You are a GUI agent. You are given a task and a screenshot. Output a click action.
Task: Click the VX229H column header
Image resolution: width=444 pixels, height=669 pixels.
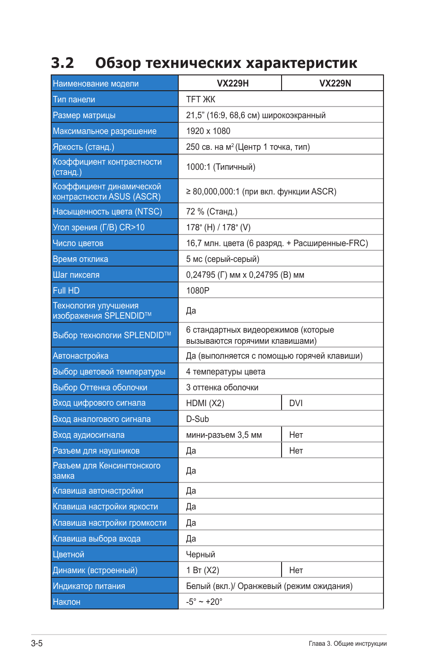click(233, 84)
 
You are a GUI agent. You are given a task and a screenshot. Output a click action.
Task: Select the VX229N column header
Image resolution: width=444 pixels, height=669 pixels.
click(335, 84)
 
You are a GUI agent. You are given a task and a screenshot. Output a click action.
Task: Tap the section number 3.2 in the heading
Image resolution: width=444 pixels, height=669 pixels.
click(62, 63)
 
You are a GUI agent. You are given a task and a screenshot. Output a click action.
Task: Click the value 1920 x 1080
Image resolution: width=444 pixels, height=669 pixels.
click(208, 131)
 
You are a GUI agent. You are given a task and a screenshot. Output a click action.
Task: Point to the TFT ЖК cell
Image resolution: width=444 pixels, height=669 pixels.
click(201, 100)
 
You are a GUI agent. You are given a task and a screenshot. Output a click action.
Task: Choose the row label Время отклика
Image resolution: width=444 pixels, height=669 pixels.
click(81, 259)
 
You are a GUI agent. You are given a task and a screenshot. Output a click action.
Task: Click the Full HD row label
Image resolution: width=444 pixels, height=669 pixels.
click(66, 291)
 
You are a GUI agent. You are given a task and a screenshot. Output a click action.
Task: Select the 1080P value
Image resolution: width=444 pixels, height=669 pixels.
click(198, 291)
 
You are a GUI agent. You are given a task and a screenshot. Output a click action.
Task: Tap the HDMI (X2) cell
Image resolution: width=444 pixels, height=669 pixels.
click(205, 403)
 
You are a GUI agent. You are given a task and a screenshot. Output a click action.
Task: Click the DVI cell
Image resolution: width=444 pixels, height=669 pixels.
click(296, 403)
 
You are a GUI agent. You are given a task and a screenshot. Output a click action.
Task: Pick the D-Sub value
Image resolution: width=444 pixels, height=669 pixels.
click(197, 419)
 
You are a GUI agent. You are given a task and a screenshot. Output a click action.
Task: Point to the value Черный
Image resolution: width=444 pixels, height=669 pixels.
click(201, 555)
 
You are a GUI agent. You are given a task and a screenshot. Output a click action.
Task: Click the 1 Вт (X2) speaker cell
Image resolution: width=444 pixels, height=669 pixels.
click(202, 570)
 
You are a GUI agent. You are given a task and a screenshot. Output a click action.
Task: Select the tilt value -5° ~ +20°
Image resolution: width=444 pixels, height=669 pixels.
click(204, 602)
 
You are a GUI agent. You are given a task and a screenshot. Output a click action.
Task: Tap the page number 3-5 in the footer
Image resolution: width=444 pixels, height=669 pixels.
click(37, 643)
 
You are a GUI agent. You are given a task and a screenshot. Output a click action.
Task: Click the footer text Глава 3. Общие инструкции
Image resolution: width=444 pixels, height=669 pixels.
click(348, 644)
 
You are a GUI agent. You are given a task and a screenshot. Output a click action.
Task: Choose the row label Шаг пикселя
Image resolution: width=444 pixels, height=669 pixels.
click(76, 275)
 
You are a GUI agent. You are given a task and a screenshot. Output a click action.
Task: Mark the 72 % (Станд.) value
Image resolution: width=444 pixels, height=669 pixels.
click(212, 212)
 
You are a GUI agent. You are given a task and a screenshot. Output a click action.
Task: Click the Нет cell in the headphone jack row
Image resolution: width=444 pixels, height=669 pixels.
click(296, 451)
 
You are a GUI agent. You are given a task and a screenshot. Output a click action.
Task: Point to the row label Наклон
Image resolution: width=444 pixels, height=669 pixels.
click(67, 602)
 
